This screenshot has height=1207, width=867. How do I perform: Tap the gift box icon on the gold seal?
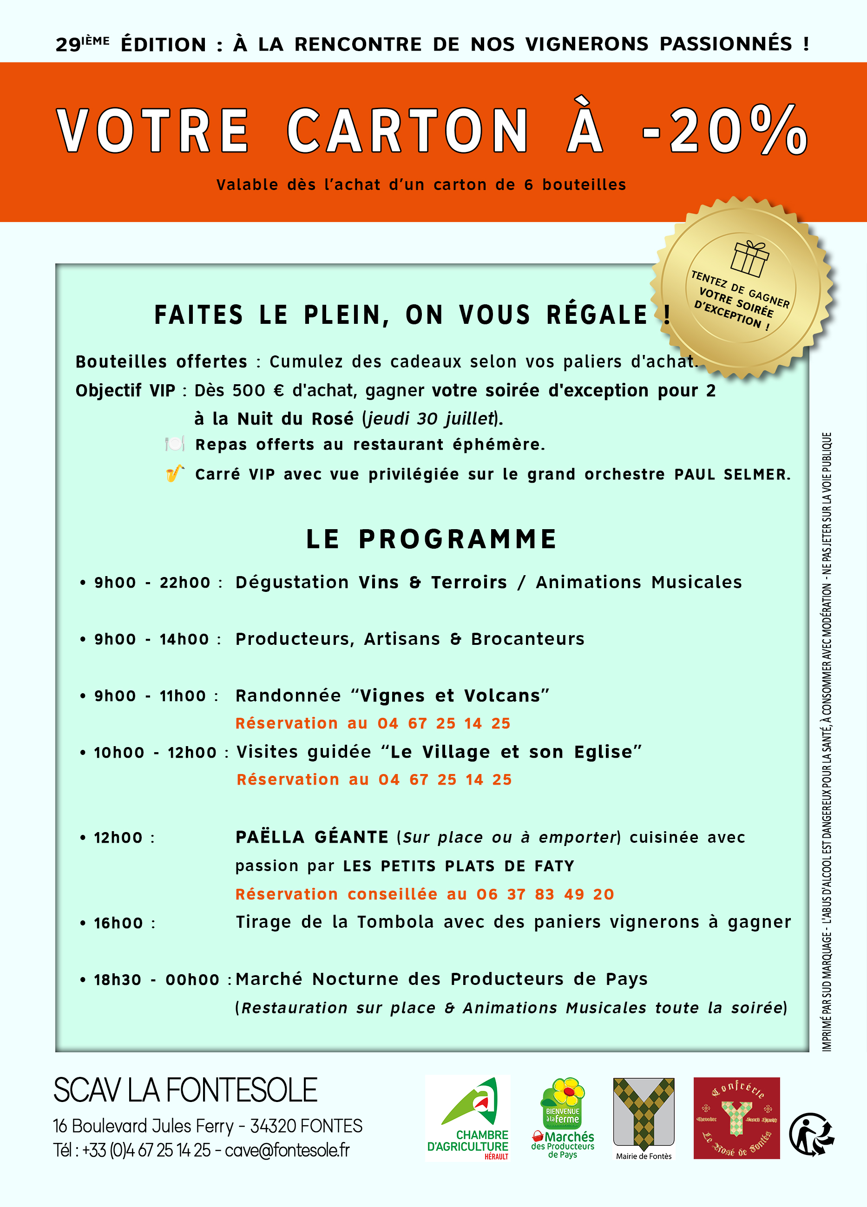point(749,259)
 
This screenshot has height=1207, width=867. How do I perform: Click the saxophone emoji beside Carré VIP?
point(175,473)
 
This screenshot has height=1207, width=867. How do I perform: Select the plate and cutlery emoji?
point(175,443)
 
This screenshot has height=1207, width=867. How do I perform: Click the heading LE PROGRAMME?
point(432,538)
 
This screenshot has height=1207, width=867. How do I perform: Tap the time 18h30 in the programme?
point(118,980)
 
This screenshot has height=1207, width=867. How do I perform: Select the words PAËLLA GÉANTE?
point(312,837)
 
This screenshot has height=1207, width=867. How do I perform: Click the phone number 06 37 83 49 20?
point(545,894)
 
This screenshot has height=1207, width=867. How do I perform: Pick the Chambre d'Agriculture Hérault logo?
point(468,1118)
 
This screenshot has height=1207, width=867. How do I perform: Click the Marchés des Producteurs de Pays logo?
point(563,1118)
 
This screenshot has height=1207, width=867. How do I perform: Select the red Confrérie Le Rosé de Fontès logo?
point(736,1118)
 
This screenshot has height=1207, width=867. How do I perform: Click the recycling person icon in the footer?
point(811,1134)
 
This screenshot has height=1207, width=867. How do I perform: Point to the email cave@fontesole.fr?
point(288,1150)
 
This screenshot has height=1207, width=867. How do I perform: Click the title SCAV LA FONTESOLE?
point(185,1090)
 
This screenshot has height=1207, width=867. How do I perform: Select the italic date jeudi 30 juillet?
point(432,419)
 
